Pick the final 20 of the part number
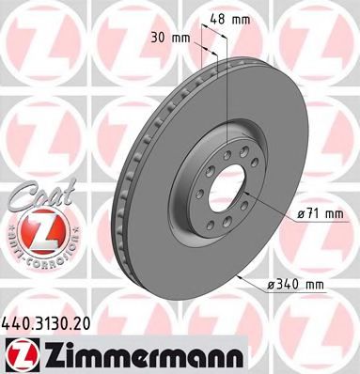pyautogui.click(x=86, y=323)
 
